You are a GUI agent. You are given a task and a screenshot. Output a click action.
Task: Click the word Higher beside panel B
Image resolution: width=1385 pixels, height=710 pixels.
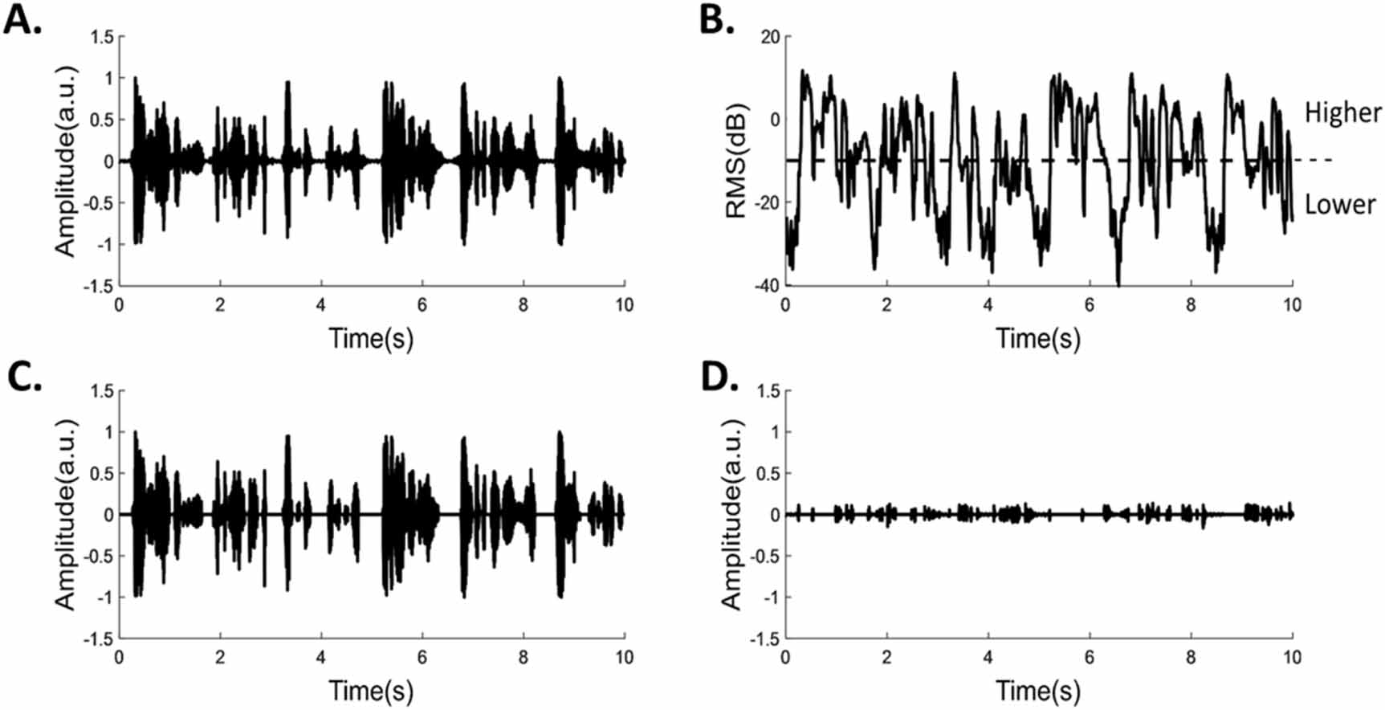1342,112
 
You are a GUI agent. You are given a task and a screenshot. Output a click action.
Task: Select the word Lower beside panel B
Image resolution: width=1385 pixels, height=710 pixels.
1340,205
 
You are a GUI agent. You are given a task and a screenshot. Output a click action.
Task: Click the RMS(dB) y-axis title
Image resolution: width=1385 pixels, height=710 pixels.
735,161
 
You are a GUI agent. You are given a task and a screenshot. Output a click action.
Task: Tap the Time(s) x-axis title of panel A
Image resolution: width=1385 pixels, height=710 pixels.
371,338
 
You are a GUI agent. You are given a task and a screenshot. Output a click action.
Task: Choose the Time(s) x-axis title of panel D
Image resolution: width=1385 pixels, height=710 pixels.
1038,691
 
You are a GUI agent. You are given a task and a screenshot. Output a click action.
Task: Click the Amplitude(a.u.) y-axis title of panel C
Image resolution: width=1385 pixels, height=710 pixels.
66,515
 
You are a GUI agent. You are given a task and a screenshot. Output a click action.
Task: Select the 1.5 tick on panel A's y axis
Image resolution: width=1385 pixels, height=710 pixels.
102,37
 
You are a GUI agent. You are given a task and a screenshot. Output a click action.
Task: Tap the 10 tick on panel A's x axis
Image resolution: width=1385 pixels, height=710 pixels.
624,305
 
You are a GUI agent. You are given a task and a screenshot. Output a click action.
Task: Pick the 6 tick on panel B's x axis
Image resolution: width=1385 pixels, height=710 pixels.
1089,305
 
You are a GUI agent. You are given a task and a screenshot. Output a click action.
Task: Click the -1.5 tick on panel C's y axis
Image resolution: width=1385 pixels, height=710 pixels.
99,639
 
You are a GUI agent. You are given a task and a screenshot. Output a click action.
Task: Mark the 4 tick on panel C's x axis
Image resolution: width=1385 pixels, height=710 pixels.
321,658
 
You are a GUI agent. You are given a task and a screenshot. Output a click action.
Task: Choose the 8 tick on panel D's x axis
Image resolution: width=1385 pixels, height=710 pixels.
1191,658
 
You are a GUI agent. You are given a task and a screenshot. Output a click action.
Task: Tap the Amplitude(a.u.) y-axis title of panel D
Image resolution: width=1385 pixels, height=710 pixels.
732,515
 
